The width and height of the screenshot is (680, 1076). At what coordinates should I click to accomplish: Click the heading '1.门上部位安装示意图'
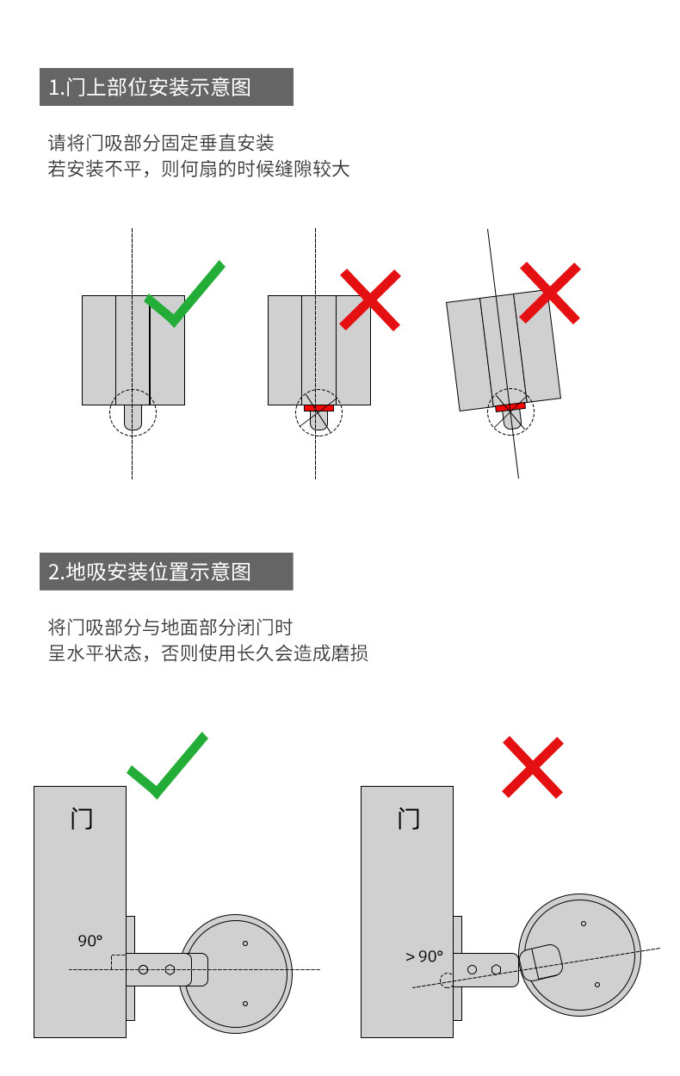coord(166,87)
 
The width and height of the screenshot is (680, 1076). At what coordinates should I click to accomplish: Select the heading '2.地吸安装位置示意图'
coord(166,572)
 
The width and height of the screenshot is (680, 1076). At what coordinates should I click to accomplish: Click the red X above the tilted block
coord(550,293)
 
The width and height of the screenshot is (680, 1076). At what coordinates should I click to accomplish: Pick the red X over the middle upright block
coord(370,299)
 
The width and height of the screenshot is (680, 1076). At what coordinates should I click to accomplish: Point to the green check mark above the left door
coord(168,764)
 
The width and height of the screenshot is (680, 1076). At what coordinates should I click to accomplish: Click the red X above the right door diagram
coord(533,766)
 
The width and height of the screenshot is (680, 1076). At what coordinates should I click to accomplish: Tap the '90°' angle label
coord(90,941)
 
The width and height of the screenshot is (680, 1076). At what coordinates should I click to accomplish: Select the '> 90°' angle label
coord(423,955)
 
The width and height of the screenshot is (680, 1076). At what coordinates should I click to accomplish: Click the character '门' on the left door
coord(81,818)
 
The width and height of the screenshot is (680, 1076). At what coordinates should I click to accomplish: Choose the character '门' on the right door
coord(409,818)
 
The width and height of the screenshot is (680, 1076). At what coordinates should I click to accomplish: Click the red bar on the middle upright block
coord(318,407)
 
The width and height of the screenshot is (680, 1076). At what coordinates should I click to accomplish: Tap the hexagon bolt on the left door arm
coord(170,969)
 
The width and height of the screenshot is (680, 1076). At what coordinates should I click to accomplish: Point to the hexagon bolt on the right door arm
coord(497,968)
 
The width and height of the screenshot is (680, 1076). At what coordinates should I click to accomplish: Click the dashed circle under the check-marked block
coord(133,414)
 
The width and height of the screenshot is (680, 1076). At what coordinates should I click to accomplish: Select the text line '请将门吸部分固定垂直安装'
coord(161,143)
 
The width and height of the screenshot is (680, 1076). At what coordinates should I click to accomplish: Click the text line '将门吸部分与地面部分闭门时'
coord(170,627)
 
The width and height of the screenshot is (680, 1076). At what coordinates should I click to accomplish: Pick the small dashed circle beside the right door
coord(446,980)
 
